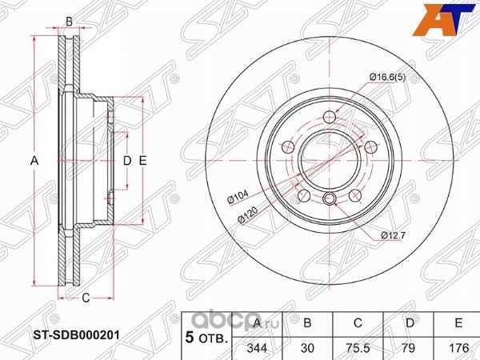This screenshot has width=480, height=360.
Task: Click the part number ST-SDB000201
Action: tap(77, 335)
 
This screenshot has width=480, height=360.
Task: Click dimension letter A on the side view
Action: tap(34, 161)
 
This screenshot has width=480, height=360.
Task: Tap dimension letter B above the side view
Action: tap(69, 21)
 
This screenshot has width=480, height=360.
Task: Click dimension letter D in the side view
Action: tap(126, 161)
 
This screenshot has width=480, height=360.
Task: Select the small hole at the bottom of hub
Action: tap(330, 200)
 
